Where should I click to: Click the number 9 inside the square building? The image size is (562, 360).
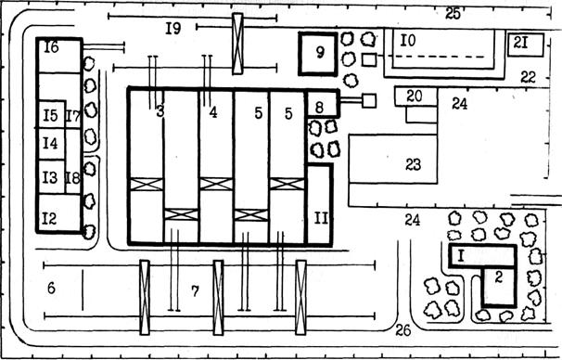pos(320,52)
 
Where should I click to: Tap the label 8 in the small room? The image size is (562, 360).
pos(319,107)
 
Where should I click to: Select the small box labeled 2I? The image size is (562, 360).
pos(526,45)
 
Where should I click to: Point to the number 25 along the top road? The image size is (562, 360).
pos(453,14)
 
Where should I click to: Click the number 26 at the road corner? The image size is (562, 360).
pos(402,330)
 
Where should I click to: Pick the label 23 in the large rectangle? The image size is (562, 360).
pos(413,164)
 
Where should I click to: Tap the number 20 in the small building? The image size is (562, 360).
pos(415,96)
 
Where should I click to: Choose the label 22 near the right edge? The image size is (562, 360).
pos(528,77)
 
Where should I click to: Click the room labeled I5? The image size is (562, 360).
pos(52,114)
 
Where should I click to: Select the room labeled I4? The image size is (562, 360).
pos(52,144)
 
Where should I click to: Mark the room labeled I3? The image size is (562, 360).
pos(52,177)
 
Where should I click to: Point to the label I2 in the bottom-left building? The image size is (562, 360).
pos(49,218)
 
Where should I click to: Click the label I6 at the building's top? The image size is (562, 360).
pos(51,46)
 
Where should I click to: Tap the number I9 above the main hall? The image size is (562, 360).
pos(173,29)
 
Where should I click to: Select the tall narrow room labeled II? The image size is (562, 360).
pos(320,205)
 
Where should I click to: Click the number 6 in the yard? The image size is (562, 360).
pos(51,289)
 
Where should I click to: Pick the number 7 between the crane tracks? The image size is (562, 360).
pos(195,291)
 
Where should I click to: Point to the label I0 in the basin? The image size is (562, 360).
pos(408,41)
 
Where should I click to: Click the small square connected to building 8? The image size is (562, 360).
pos(369,101)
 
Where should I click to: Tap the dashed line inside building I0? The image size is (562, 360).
pos(439,57)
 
